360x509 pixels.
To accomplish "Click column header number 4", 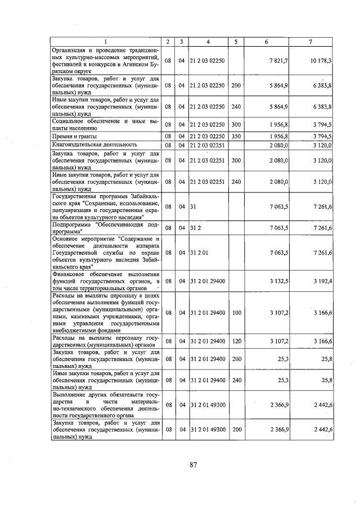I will click(x=208, y=42).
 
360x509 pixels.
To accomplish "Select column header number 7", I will click(x=312, y=42).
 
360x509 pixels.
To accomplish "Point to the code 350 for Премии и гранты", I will click(x=236, y=137).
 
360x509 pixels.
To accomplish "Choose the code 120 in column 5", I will click(x=236, y=341).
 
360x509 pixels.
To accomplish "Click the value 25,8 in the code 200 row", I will click(x=325, y=358).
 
